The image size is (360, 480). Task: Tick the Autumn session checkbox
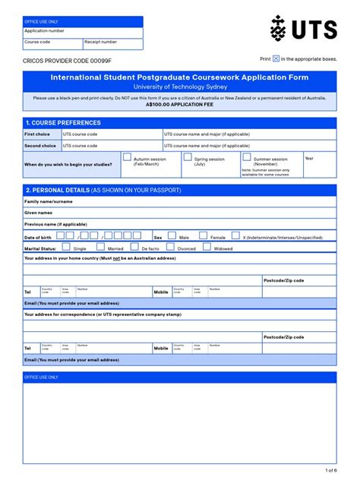127,157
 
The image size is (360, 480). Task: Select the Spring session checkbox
187,157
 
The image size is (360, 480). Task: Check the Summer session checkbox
247,157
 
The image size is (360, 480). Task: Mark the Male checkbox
172,236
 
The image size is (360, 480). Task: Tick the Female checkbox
204,236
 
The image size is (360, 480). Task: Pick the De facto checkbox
135,248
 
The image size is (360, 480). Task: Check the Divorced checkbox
172,248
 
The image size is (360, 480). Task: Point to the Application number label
44,31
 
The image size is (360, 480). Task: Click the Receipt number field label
100,43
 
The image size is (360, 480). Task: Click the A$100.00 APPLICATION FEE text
179,104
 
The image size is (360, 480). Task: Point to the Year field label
309,158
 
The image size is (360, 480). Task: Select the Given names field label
39,213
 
